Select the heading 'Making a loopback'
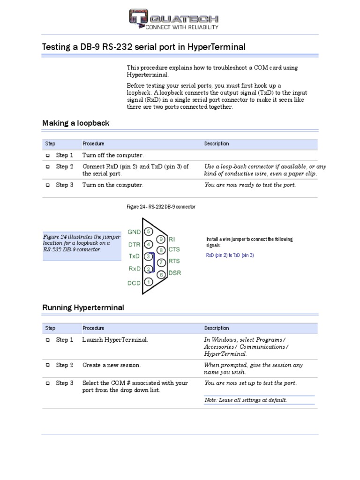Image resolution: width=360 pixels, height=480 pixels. tap(75, 123)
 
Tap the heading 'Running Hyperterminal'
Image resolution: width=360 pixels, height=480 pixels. tap(83, 308)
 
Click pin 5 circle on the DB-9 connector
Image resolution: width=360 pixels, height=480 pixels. tap(149, 232)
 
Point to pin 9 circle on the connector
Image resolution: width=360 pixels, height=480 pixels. tap(161, 240)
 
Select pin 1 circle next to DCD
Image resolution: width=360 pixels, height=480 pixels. tap(148, 282)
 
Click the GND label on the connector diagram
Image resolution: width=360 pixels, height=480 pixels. tap(134, 232)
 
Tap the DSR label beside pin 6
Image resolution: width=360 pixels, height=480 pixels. tap(174, 273)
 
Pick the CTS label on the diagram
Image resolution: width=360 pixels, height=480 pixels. tap(174, 250)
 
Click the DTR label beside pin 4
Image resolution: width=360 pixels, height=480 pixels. tap(134, 244)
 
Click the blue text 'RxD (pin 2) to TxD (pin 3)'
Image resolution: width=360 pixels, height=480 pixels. tap(230, 255)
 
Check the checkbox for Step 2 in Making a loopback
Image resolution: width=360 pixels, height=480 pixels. tap(48, 167)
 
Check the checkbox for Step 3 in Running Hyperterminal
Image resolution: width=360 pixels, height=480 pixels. tap(48, 383)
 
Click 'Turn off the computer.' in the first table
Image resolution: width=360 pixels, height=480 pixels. tap(113, 155)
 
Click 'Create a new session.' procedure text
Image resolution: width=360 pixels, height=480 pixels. tap(112, 365)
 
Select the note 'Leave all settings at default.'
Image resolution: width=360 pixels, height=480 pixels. tap(246, 400)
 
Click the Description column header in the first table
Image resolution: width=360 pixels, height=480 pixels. tap(217, 144)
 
